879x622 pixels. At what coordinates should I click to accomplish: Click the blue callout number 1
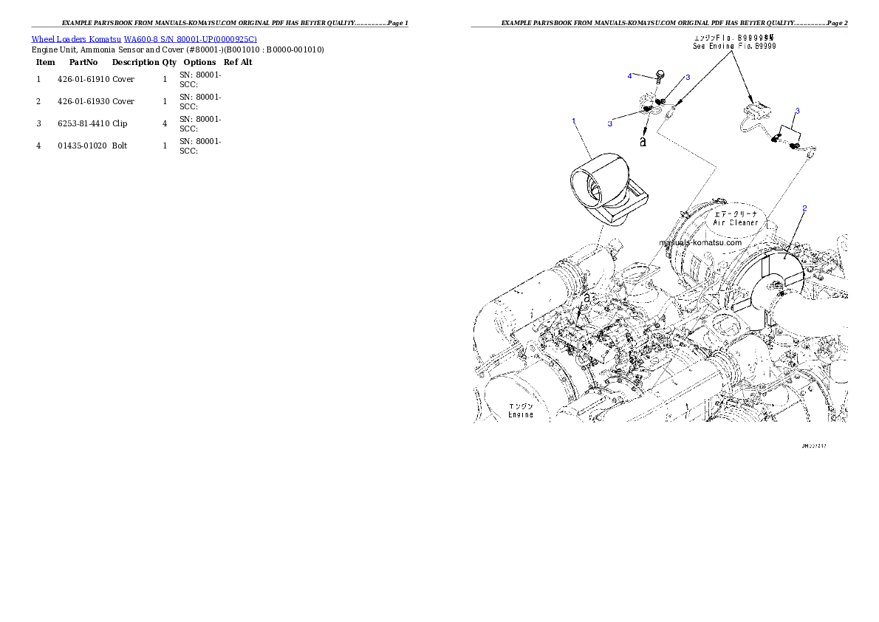point(572,120)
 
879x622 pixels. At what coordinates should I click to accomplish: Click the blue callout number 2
point(804,208)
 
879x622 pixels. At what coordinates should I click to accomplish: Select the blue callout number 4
point(630,75)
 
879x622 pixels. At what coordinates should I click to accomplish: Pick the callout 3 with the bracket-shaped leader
point(797,112)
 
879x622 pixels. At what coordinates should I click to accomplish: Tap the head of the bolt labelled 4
point(659,73)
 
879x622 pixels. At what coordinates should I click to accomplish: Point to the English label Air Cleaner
point(735,222)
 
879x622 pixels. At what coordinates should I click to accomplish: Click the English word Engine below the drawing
point(520,415)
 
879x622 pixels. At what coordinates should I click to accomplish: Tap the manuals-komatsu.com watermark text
point(700,242)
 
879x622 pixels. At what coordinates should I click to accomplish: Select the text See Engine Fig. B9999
point(734,46)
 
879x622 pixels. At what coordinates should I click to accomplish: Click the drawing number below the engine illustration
point(813,446)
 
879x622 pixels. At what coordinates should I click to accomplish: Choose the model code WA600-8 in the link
point(140,39)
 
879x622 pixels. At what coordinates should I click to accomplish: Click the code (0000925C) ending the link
point(234,39)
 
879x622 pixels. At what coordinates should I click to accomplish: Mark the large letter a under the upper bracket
point(643,141)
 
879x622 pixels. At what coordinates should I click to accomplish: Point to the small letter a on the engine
point(587,298)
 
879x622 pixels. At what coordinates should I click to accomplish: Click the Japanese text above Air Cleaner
point(735,211)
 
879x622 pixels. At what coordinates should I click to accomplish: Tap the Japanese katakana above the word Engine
point(520,406)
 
